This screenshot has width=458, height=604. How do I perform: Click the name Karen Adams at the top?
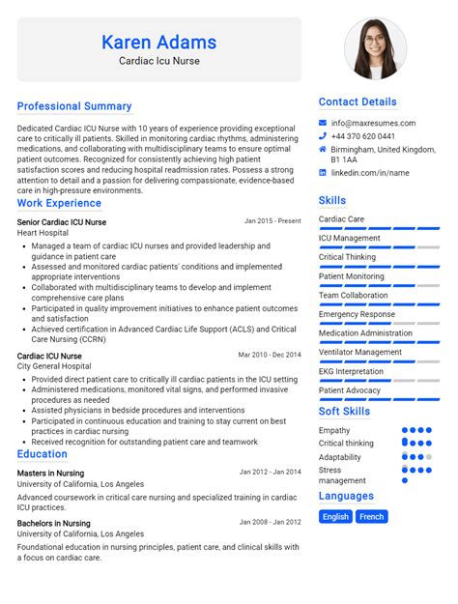coord(158,43)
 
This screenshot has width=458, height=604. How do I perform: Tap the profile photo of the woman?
coord(376,48)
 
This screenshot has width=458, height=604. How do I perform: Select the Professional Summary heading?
coord(74,106)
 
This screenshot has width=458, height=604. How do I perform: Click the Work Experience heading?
coord(59,203)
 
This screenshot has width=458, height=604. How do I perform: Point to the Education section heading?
coord(43,454)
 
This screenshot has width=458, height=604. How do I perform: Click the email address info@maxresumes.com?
coord(373,123)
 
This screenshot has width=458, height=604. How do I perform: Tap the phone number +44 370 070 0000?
coord(368,136)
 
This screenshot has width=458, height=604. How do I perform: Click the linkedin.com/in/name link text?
coord(370,173)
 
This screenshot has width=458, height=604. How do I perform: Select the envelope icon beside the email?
coord(323,123)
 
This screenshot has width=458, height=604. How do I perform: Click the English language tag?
coord(336,517)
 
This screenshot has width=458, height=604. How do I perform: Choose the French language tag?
coord(372,517)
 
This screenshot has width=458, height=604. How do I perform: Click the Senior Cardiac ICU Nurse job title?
coord(62,222)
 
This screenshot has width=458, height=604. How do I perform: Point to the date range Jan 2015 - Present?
coord(272,221)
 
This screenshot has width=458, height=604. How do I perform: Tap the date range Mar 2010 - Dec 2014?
coord(270,355)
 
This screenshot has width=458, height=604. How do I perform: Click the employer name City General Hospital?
coord(55,366)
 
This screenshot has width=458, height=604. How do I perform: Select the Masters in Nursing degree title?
coord(50,474)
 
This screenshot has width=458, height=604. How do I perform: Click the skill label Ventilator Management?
coord(360,352)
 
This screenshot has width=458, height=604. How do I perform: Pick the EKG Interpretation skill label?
coord(351,371)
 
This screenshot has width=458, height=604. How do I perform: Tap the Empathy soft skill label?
coord(334,430)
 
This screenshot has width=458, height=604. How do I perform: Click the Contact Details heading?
coord(358,101)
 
